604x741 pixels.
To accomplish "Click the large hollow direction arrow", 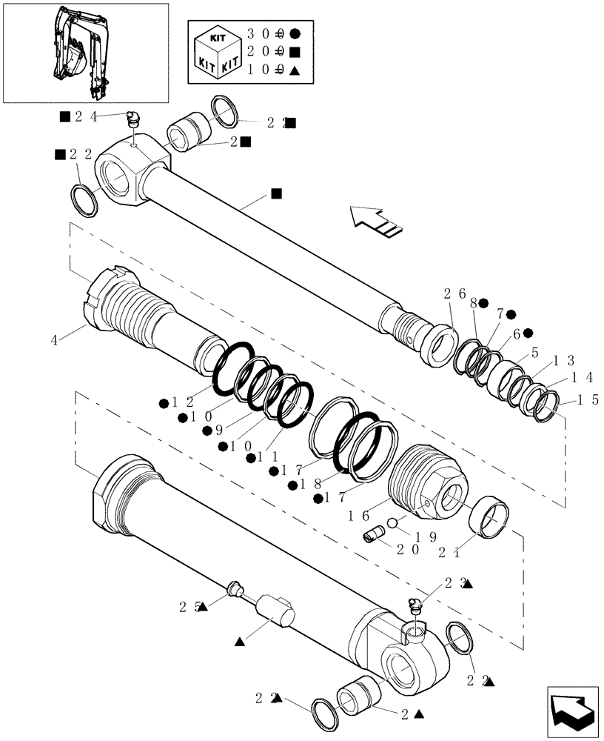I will click(376, 220).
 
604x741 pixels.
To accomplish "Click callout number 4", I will click(54, 340).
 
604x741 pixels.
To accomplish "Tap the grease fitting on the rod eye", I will click(134, 119).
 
